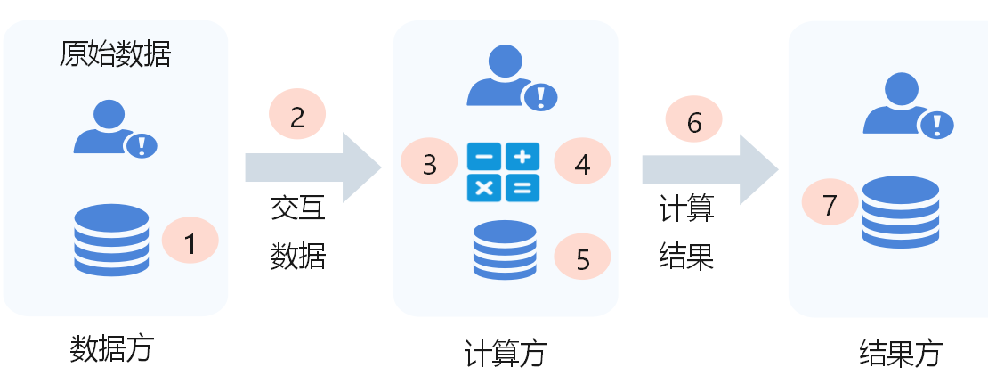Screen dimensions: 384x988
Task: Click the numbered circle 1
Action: pos(190,241)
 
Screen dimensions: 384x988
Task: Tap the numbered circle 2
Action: pos(297,116)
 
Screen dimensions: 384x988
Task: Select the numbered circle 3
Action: pos(429,165)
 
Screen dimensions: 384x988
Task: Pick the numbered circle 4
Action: pos(582,163)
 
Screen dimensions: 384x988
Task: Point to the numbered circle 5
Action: pos(582,258)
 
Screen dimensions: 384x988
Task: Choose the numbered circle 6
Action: pos(694,122)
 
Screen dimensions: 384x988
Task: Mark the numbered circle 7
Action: pos(830,205)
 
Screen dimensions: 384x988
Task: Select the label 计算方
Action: pos(505,354)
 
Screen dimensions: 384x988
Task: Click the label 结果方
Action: pos(900,353)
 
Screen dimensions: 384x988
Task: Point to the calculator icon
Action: pos(503,171)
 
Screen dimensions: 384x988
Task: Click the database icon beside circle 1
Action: pos(111,239)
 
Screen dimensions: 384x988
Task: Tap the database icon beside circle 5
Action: pos(505,249)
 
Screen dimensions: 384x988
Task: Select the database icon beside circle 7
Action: pos(900,211)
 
